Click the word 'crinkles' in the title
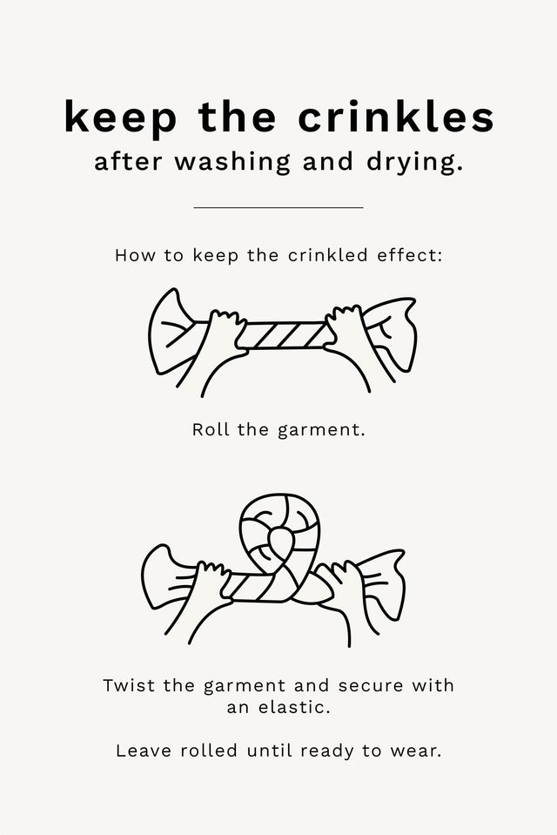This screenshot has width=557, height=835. click(396, 116)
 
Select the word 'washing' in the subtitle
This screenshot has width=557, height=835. click(232, 163)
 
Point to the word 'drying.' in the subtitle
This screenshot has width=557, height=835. click(414, 163)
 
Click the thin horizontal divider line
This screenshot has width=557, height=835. click(278, 207)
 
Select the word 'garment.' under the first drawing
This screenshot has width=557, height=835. click(322, 430)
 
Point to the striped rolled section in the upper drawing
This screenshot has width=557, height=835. click(285, 335)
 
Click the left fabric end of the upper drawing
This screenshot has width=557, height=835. click(171, 333)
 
